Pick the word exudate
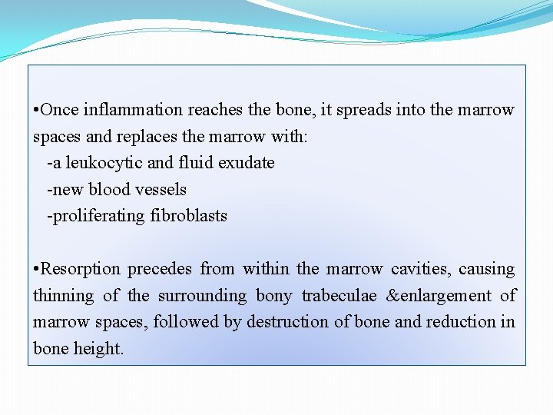(243, 163)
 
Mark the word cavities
(421, 269)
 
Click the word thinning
(64, 296)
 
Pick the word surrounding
(203, 296)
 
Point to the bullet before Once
(36, 111)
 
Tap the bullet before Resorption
(36, 270)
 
